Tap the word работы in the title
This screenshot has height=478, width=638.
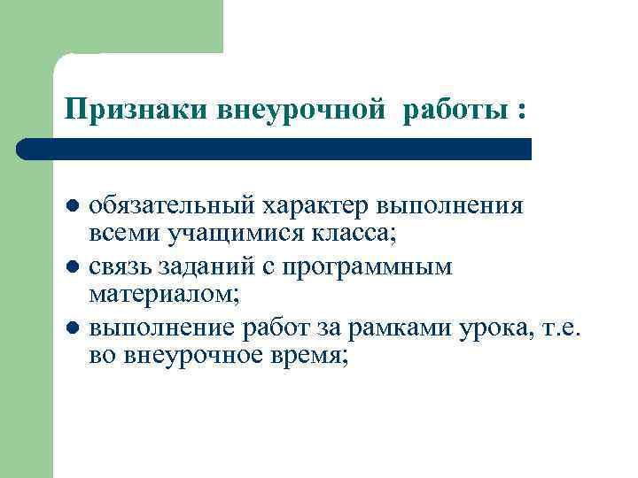tap(448, 111)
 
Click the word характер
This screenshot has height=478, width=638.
tap(315, 206)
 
